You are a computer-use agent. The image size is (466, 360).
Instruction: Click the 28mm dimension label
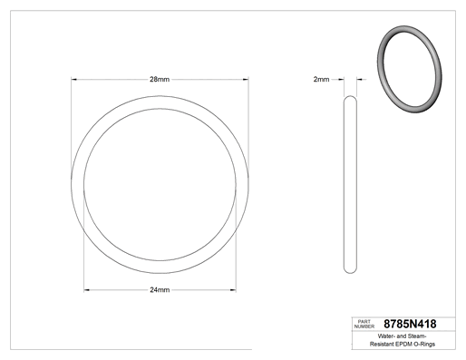click(160, 79)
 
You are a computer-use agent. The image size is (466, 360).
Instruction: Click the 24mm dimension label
click(160, 290)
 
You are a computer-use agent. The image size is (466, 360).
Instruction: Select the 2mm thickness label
click(321, 79)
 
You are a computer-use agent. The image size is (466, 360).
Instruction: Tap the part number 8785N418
click(410, 324)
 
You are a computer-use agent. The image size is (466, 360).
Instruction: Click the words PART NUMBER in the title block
click(364, 324)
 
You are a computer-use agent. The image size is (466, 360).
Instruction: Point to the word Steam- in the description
click(417, 336)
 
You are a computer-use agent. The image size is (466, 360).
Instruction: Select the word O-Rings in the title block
click(424, 344)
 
